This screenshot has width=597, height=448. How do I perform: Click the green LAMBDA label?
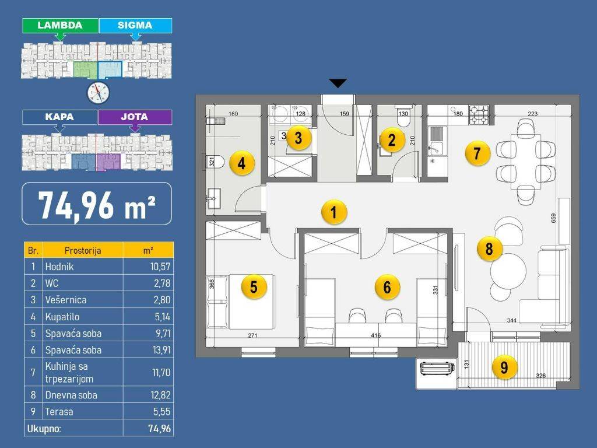[60, 25]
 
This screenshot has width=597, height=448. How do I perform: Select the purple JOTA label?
[135, 117]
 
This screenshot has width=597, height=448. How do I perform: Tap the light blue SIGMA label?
[135, 25]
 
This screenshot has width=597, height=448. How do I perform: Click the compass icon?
[98, 93]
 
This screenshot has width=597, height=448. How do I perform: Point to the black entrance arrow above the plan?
[338, 83]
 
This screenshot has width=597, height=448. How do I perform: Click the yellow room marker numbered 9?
[504, 367]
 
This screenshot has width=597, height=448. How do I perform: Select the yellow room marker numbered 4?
[241, 163]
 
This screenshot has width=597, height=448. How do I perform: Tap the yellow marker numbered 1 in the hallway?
[334, 212]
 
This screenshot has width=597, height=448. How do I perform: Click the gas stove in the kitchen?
[479, 115]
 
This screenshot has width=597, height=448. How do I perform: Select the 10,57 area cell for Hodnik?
[160, 267]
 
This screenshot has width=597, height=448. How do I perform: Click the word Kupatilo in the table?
[62, 317]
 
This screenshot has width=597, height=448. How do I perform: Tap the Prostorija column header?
[83, 250]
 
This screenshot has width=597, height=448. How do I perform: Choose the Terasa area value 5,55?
[162, 411]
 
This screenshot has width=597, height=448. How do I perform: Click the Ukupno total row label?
[44, 429]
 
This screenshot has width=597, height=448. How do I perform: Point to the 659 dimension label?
[553, 218]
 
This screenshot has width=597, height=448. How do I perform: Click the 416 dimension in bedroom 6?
[375, 335]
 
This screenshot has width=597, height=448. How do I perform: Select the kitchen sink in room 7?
[437, 141]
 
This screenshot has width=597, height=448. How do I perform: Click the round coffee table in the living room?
[508, 271]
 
